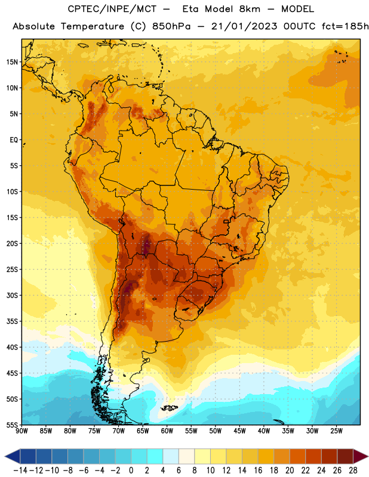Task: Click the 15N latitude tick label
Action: pos(12,62)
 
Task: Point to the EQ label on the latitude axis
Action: pos(14,140)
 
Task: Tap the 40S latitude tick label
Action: pos(12,347)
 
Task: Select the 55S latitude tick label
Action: pos(12,425)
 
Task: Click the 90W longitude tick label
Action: pos(21,431)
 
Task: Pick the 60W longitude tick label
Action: pos(167,431)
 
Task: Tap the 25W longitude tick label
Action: pos(336,431)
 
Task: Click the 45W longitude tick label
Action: pos(239,431)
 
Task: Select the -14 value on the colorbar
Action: pos(20,470)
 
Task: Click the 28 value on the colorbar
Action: pos(353,470)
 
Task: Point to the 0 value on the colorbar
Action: pos(131,470)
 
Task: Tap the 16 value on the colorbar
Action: pos(258,470)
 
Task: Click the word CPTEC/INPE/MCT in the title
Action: pos(112,9)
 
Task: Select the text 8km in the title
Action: pos(250,9)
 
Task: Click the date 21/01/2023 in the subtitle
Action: pos(244,26)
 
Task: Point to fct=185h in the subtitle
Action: pos(345,26)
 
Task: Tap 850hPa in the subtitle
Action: pos(171,26)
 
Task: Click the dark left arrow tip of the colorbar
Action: pos(5,456)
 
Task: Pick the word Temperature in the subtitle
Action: pos(93,26)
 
